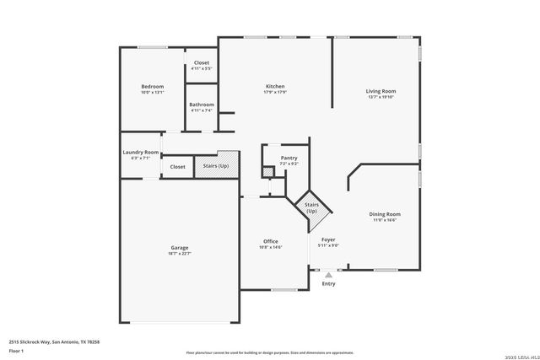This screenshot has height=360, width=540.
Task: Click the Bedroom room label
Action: [152, 87]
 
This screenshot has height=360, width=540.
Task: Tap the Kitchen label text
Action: [275, 87]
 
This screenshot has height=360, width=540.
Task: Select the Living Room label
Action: [381, 91]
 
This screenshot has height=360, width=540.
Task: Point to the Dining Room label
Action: [384, 214]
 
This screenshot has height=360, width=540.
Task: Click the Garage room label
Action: [179, 248]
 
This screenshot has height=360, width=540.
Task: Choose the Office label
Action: [270, 241]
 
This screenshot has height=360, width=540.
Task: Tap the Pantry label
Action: [277, 158]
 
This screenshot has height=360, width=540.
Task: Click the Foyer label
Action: [328, 239]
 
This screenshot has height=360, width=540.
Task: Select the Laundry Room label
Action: [140, 153]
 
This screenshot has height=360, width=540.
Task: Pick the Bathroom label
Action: [202, 105]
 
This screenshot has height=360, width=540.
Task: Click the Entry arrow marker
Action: [328, 274]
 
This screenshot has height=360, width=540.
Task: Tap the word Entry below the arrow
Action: [328, 283]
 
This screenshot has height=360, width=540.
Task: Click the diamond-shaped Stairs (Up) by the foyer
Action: [311, 207]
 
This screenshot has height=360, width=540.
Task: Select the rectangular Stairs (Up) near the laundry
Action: [216, 166]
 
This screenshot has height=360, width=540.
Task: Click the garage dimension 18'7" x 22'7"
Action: [179, 253]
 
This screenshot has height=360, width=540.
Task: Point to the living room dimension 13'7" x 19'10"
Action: [381, 97]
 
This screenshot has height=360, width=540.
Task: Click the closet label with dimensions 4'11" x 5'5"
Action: [202, 68]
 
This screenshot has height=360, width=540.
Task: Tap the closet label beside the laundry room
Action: [177, 167]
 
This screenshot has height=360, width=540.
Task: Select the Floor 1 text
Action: [16, 350]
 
